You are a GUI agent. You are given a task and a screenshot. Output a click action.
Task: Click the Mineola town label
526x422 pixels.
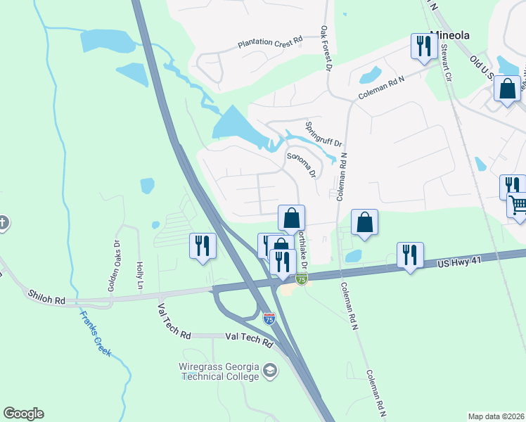(450, 34)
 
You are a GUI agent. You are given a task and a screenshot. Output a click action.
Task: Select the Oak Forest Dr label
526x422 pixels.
(326, 47)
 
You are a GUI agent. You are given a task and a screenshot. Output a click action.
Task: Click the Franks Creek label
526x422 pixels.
(95, 333)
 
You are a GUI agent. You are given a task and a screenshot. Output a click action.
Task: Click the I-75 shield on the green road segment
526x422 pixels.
(302, 279)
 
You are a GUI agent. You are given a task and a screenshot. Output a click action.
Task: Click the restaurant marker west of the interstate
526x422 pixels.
(203, 246)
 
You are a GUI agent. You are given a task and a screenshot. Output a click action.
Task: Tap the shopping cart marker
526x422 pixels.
(518, 205)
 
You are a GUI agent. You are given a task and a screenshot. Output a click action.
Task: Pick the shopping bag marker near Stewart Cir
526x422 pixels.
(507, 89)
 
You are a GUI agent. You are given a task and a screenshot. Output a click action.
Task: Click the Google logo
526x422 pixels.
(23, 414)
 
